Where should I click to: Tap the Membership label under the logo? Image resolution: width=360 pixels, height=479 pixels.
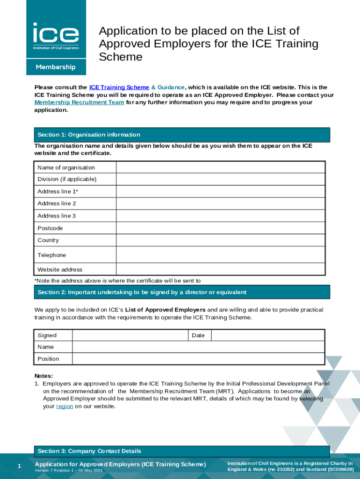(56, 67)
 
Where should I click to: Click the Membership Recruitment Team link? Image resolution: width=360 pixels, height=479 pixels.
(79, 102)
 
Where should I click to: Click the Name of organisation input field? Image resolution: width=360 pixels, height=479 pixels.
(220, 167)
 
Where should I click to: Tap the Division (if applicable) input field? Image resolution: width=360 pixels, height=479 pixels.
(220, 179)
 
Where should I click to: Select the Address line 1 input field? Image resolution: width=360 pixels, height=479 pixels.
(220, 191)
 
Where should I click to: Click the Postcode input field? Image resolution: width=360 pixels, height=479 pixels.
(220, 228)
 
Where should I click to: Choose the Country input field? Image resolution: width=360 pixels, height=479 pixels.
(220, 240)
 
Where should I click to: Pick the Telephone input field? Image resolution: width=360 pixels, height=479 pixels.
(220, 255)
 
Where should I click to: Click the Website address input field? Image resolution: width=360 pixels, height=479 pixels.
(220, 269)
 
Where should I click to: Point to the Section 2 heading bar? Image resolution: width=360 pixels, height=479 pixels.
(182, 292)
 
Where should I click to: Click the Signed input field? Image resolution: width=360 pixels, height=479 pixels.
(130, 335)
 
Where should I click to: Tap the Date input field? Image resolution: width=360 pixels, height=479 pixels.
(267, 335)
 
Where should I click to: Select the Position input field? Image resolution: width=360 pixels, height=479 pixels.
(198, 359)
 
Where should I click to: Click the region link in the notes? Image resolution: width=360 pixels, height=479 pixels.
(65, 406)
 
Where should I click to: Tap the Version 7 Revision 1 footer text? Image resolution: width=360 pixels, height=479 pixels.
(68, 470)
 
